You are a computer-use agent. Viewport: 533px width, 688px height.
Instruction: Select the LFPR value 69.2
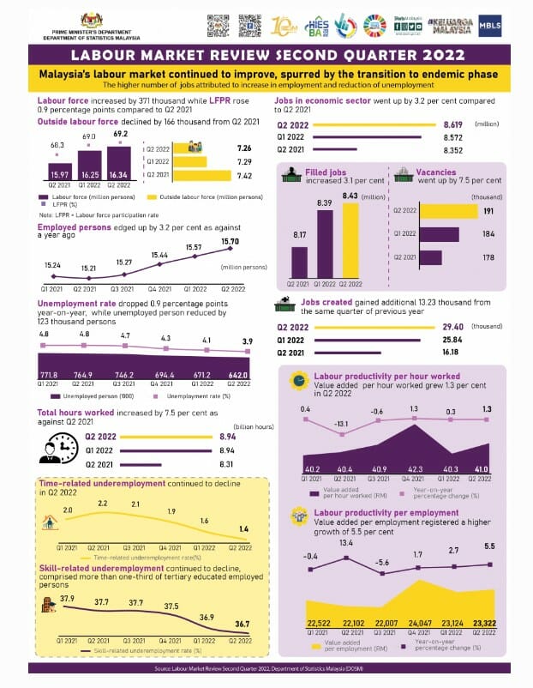119,134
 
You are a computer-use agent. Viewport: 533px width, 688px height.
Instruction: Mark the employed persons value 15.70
230,242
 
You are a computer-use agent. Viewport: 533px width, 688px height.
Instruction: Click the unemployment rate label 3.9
248,342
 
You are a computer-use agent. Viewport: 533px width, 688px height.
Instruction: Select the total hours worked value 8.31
227,463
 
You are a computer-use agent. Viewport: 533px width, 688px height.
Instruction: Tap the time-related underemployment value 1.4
243,529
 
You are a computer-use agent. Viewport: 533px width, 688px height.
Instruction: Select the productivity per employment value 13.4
346,543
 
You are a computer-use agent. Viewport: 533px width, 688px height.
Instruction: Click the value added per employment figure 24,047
418,623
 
